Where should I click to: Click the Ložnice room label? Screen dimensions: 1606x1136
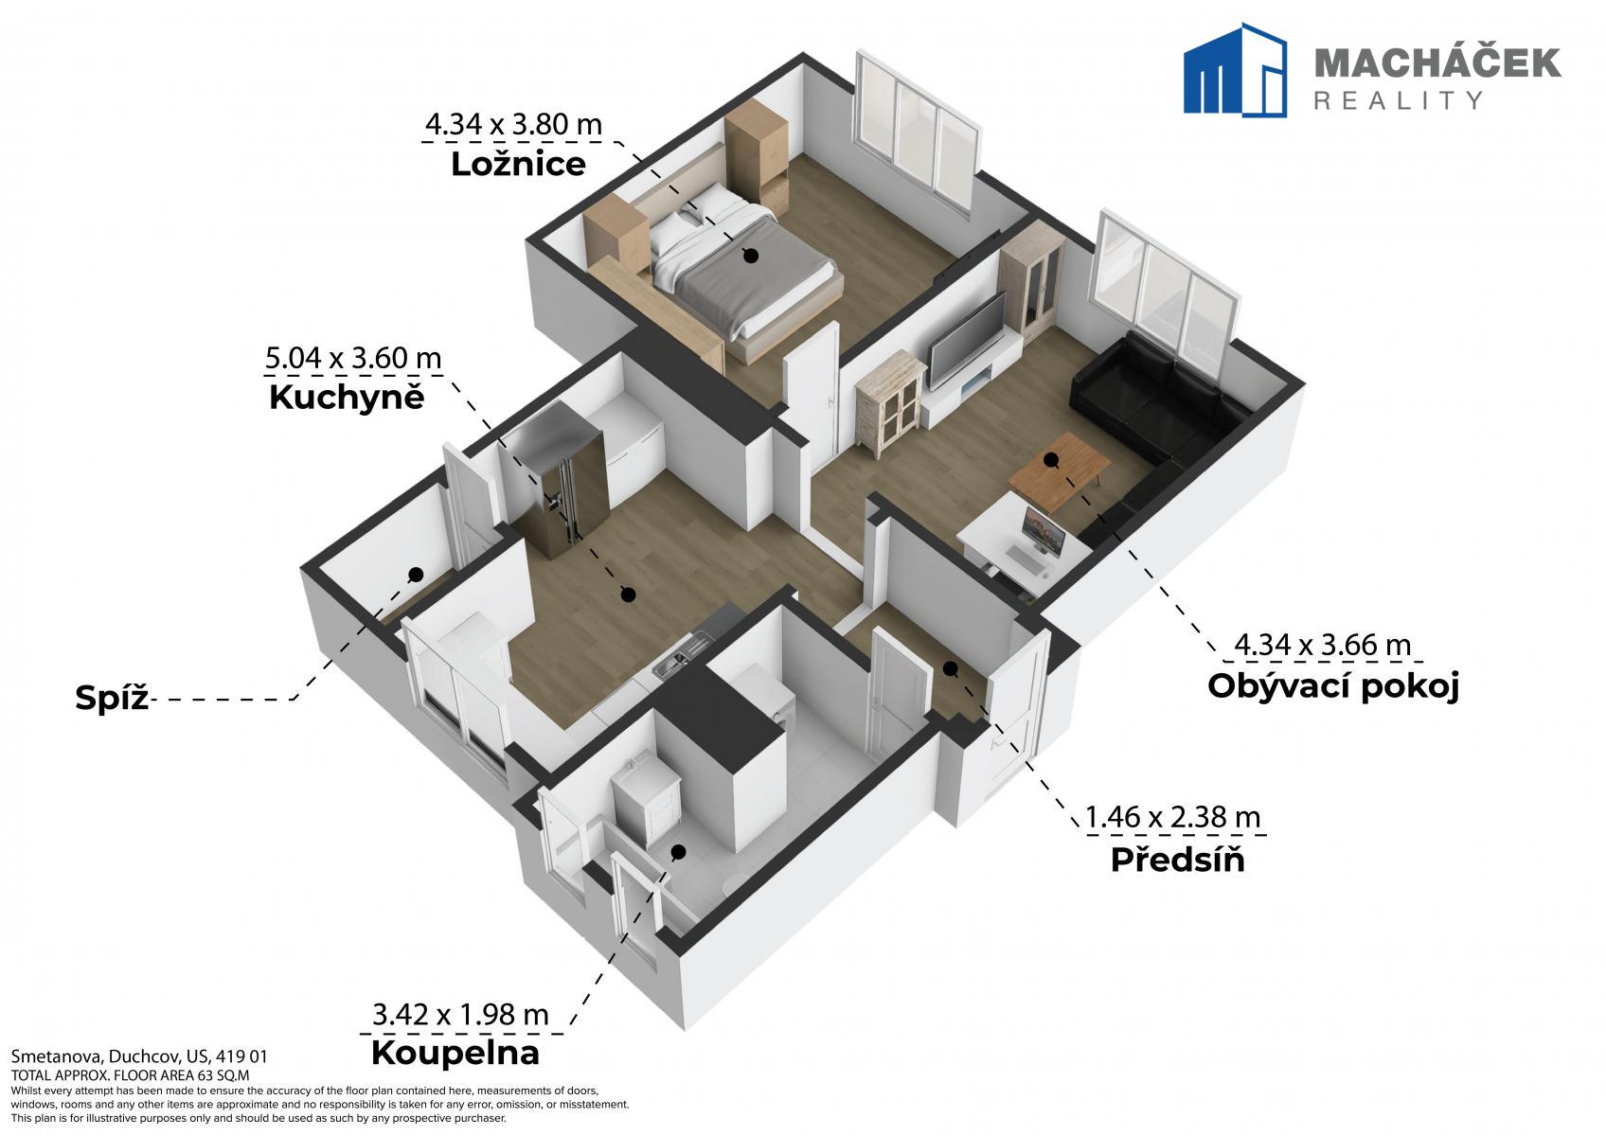[518, 165]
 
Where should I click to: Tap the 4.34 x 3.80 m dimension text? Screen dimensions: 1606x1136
[513, 124]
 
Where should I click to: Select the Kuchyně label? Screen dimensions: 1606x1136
[347, 398]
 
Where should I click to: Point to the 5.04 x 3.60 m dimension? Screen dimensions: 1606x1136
[353, 358]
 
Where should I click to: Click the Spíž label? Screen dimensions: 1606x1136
[112, 697]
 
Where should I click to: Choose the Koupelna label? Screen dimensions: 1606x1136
[455, 1053]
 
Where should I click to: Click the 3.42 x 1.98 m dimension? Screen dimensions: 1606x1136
[460, 1014]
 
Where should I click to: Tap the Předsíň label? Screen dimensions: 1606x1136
[1177, 860]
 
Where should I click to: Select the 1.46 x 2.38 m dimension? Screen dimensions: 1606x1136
[1173, 817]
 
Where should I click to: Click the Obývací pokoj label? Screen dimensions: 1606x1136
[1333, 686]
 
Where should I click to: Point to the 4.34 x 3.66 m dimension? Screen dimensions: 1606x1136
[1322, 645]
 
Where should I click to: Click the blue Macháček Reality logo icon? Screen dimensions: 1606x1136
[1235, 69]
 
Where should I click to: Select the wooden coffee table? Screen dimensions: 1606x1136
[1059, 470]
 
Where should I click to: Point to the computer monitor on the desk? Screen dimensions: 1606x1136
[1044, 529]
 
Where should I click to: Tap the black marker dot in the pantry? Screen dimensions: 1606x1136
[416, 574]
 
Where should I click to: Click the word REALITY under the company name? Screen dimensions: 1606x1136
[1398, 100]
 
